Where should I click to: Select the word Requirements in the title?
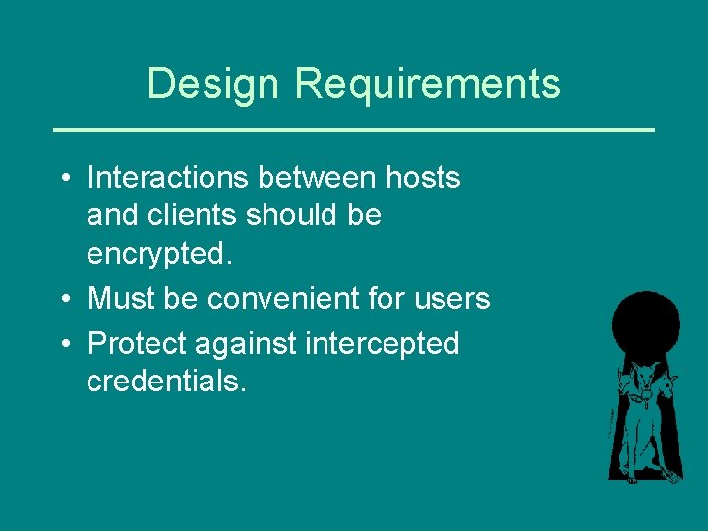click(427, 84)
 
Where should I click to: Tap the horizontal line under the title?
click(353, 129)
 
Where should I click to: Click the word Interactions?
click(167, 178)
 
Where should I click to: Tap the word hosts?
click(422, 178)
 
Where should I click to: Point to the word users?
click(453, 298)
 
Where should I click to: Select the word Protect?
click(137, 344)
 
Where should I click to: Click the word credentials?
click(166, 381)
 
